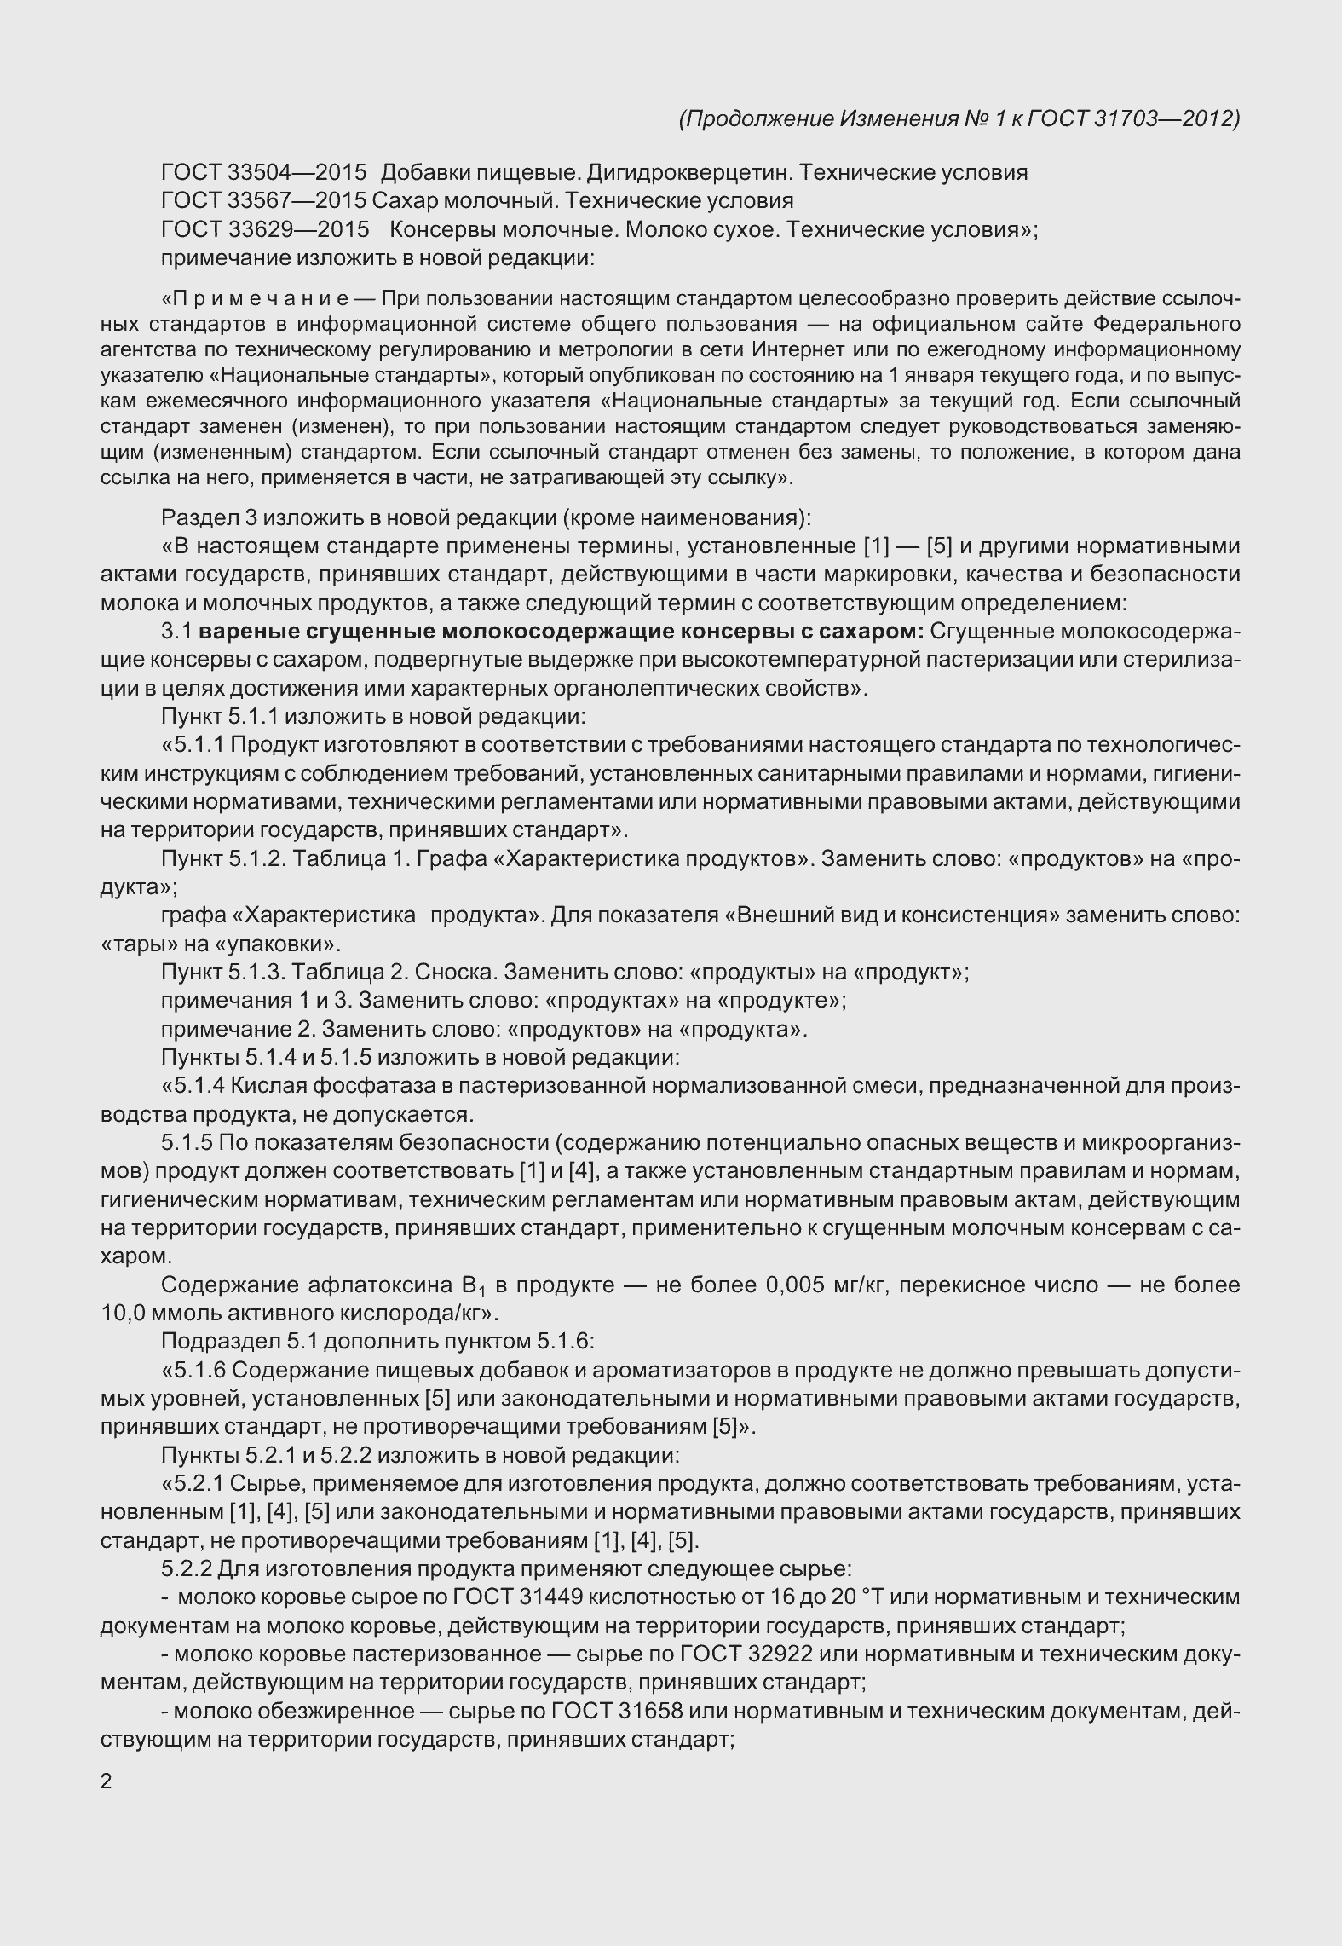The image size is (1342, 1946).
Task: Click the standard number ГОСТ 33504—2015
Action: pyautogui.click(x=263, y=173)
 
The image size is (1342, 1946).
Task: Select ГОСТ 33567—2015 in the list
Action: pyautogui.click(x=263, y=201)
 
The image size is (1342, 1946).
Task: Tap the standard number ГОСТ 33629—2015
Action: pyautogui.click(x=263, y=229)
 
